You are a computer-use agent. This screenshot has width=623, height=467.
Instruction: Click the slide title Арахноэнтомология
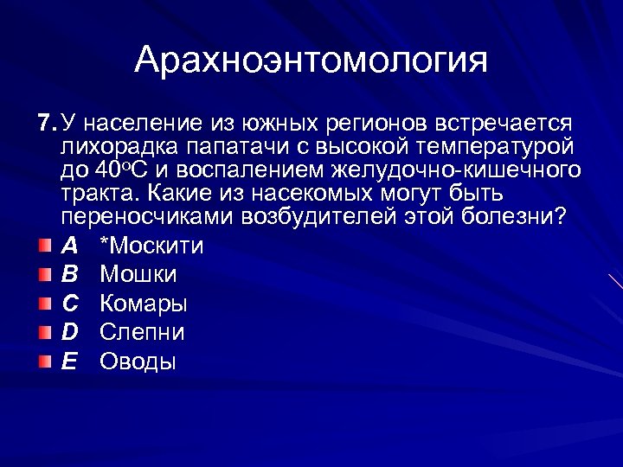coord(311,61)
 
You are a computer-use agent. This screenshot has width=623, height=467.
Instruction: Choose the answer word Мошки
coord(138,275)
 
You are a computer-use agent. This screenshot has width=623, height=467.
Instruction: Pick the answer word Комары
coord(144,304)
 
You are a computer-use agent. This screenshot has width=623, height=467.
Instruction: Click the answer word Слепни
coord(142,332)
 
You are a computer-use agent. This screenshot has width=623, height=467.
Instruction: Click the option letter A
coord(69,246)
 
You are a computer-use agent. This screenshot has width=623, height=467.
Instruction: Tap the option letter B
coord(69,275)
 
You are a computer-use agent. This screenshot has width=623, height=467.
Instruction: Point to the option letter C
coord(70,304)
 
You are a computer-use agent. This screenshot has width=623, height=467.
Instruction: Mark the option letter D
coord(70,332)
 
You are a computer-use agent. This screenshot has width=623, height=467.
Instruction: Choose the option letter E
coord(69,361)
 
